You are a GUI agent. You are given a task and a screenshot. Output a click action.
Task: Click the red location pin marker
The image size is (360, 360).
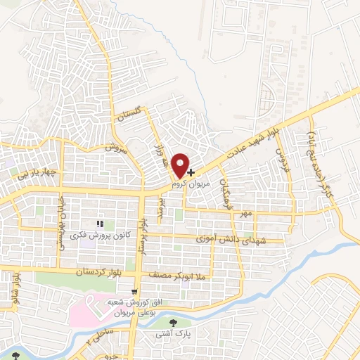coord(181,165)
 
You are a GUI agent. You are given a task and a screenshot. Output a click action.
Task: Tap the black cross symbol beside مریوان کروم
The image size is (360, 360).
coord(191,171)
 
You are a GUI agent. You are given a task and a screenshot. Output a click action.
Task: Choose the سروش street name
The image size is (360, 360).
coord(114,148)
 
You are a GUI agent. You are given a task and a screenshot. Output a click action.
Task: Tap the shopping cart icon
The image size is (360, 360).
coord(134,290)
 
